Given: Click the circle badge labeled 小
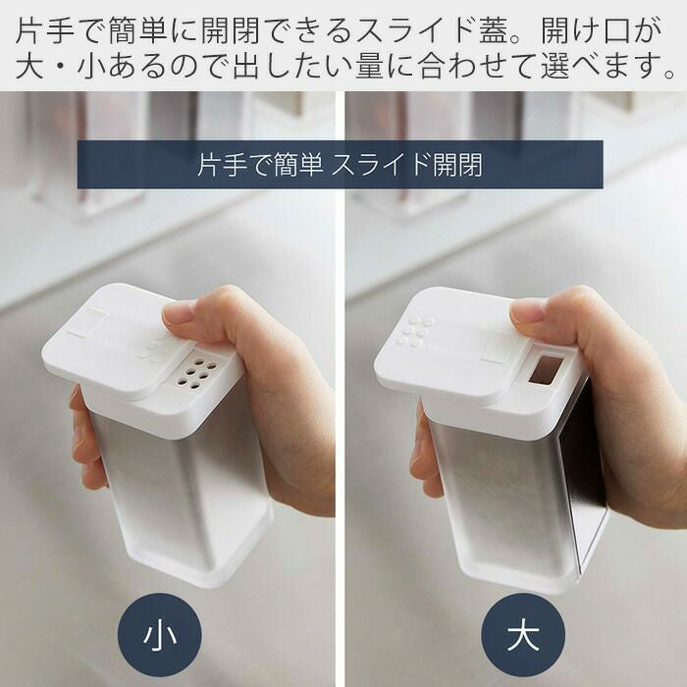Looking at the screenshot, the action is pos(159,634).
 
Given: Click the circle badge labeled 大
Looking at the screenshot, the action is pos(523,634).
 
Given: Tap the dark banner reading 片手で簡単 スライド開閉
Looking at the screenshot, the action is pos(340,165).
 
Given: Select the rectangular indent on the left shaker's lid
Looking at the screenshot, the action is pos(89,321).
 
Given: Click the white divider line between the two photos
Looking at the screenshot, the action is pos(340,389).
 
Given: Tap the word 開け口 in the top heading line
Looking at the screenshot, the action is pos(585,31).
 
